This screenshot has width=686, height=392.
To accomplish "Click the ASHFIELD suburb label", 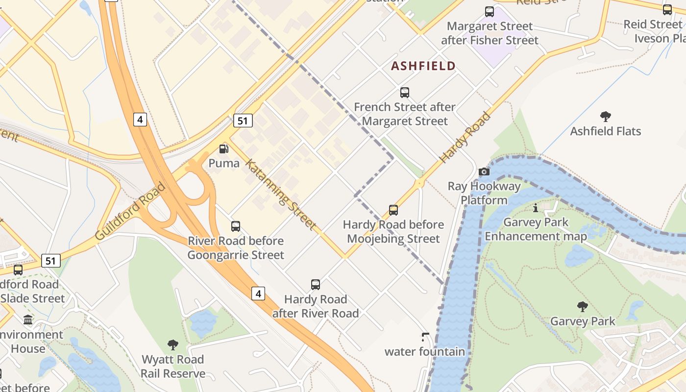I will (x=423, y=66).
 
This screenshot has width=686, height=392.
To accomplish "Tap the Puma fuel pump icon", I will (x=224, y=149).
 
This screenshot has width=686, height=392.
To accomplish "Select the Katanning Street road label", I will (x=280, y=194).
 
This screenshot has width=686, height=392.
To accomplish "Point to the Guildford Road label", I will (x=130, y=212).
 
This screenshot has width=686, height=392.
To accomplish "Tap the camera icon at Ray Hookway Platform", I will (x=484, y=171).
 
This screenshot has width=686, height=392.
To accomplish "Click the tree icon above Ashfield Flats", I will (x=605, y=117).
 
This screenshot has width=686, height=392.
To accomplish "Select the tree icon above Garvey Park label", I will (x=582, y=307).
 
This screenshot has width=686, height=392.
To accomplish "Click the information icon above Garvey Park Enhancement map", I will (x=535, y=208).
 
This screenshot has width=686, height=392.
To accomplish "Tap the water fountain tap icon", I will (x=425, y=337).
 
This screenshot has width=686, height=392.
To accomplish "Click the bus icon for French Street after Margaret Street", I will (x=405, y=92).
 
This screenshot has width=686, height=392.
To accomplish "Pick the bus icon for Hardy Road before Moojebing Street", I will (x=393, y=210).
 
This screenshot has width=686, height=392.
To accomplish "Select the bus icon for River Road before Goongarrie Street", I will (x=236, y=226).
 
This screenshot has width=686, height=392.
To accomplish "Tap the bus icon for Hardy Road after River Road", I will (x=316, y=285).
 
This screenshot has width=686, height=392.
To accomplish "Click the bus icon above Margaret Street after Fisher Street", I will (x=489, y=12).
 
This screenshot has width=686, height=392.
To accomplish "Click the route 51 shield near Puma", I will (x=243, y=121).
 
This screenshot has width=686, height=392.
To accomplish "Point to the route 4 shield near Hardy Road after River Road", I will (x=258, y=294).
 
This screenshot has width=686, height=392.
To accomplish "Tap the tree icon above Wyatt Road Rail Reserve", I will (x=173, y=345).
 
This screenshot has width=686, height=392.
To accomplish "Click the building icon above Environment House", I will (x=28, y=320).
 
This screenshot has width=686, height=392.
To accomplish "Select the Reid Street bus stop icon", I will (x=667, y=10).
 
